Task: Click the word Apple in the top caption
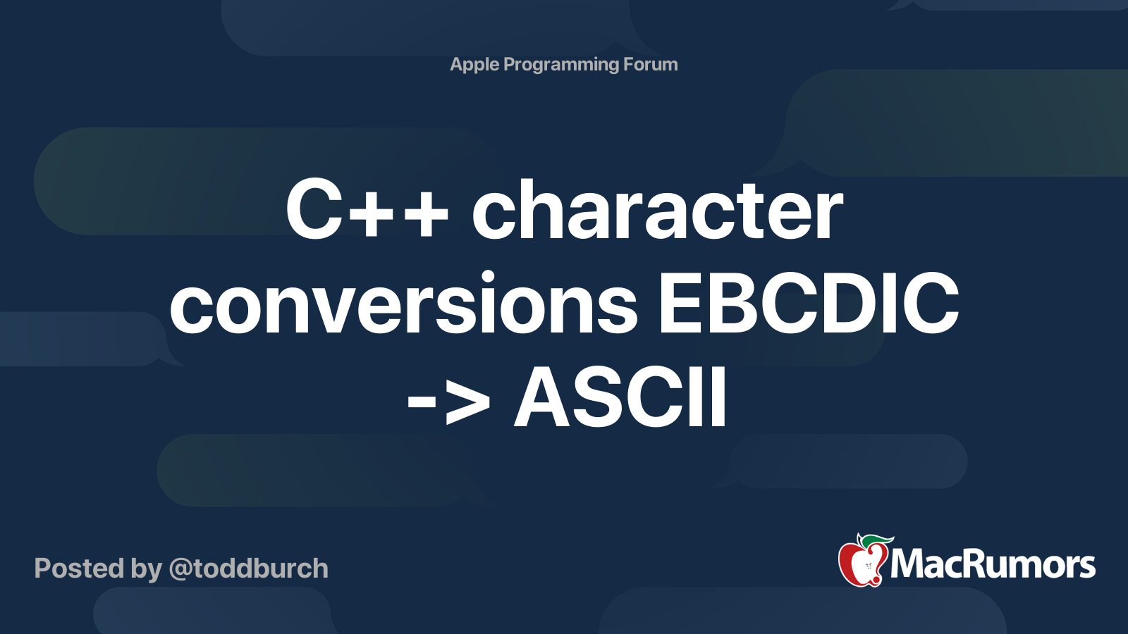(474, 65)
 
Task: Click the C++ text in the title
(367, 210)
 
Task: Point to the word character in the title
(657, 210)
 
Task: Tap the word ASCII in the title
(620, 399)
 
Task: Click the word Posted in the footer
(79, 568)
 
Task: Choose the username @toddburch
(248, 568)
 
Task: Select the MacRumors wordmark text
(993, 564)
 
